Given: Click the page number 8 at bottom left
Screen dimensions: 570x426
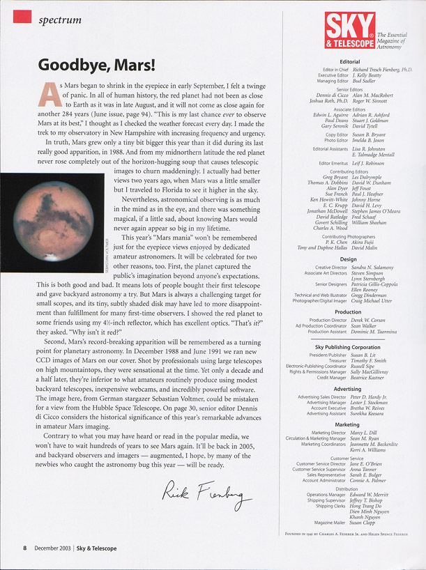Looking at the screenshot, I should click(x=24, y=549).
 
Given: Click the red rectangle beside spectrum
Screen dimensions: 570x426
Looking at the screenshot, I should click(x=22, y=16).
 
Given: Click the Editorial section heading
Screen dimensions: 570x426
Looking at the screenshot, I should click(x=349, y=61).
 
